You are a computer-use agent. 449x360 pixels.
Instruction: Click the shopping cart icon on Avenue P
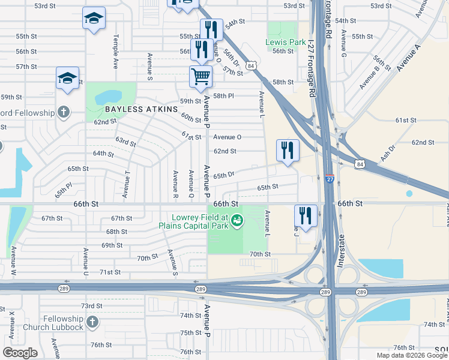(x=200, y=76)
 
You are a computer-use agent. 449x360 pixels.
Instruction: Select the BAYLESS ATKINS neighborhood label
(x=142, y=109)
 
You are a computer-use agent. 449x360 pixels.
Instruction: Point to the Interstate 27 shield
(x=330, y=179)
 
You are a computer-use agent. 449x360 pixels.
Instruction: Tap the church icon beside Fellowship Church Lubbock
(x=92, y=322)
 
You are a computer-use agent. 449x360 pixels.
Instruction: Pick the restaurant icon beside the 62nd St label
(x=288, y=151)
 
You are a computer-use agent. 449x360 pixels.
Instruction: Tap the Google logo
(x=20, y=353)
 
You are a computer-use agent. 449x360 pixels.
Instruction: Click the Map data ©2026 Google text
(x=412, y=355)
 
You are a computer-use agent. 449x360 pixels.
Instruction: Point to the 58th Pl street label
(x=223, y=96)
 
